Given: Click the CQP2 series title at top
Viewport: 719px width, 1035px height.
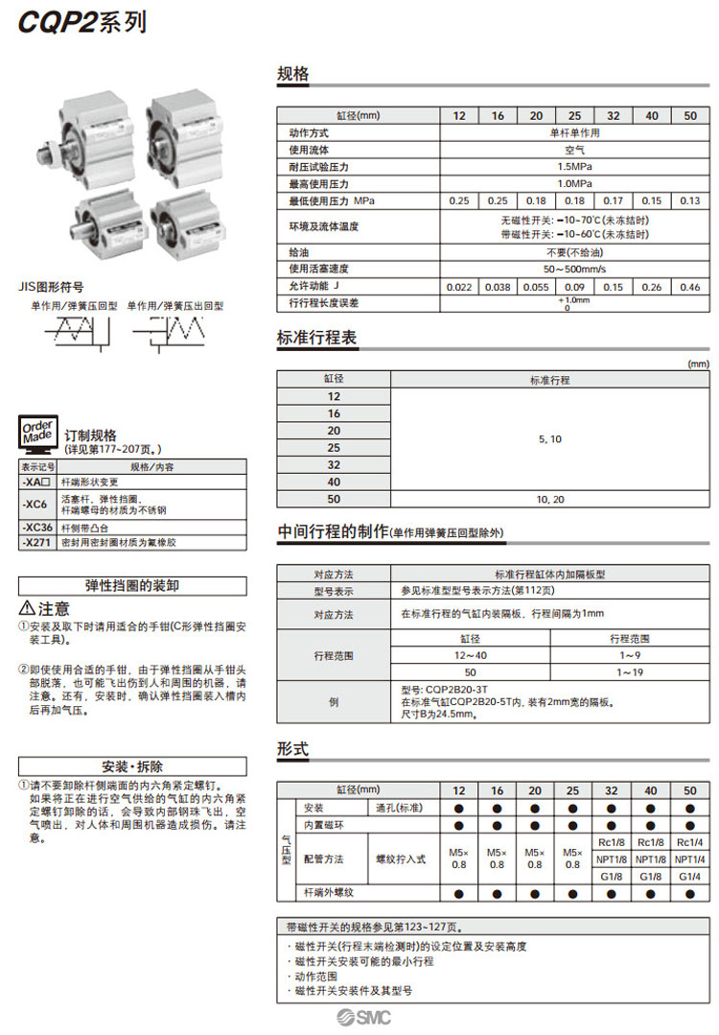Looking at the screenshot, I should point(82,21).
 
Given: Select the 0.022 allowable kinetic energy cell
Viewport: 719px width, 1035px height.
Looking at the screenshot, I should point(459,286).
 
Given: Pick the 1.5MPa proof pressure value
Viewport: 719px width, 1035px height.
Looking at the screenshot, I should point(574,166).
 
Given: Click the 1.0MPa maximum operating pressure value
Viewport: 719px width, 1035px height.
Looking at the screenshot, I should point(574,183).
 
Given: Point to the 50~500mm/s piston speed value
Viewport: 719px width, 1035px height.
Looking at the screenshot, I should point(574,269).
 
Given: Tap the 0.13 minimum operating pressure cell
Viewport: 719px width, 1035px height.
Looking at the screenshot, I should point(689,200).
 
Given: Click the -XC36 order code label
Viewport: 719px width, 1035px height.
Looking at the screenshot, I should point(37,528).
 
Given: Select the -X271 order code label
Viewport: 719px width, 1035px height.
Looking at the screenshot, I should point(37,543).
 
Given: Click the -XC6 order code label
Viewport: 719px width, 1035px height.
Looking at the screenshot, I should point(37,504).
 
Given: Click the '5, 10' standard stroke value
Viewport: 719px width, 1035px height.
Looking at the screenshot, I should point(550,439).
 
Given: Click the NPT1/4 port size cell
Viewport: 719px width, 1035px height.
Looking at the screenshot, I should point(689,859).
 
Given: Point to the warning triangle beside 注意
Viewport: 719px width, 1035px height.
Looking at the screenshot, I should point(27,609).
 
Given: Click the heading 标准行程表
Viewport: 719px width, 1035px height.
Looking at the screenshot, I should point(316,339).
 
